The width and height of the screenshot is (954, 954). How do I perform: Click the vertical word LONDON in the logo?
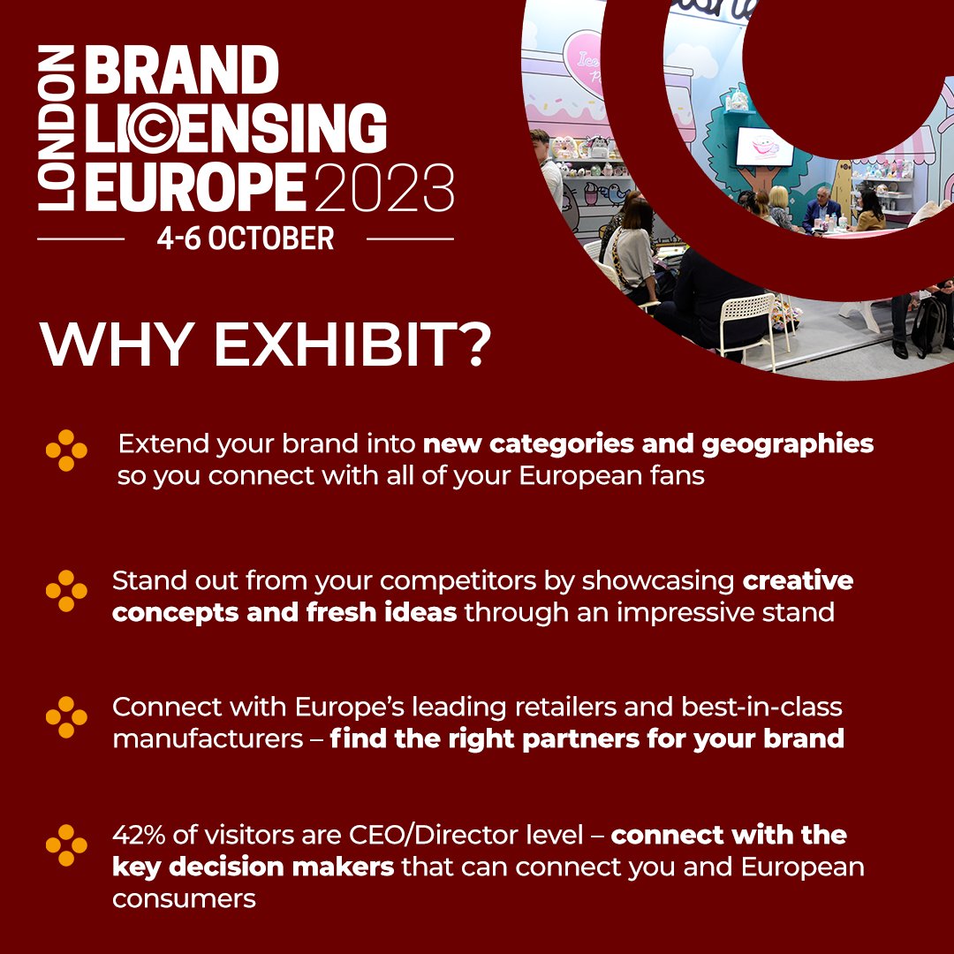(x=54, y=131)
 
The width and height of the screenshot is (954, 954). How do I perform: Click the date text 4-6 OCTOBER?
(x=246, y=238)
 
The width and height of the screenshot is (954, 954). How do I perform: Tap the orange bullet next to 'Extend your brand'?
(x=66, y=450)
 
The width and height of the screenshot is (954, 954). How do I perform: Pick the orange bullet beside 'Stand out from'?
(x=66, y=591)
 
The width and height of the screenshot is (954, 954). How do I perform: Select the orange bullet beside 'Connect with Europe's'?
(x=66, y=716)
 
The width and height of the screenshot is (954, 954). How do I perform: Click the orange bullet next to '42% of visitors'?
(x=66, y=845)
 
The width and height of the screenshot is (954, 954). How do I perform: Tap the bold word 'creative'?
(x=798, y=580)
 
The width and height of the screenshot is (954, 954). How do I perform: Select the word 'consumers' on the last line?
(x=184, y=898)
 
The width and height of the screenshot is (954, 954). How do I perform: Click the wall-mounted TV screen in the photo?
(x=765, y=147)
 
